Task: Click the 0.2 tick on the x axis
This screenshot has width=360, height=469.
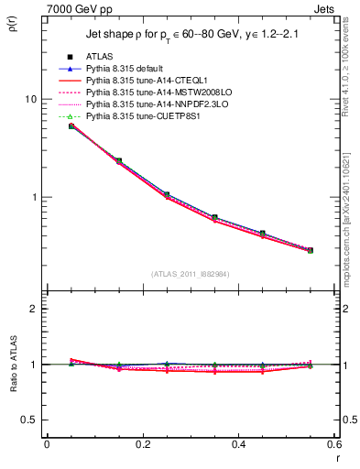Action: pyautogui.click(x=142, y=444)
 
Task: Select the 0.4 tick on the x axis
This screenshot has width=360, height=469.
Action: pyautogui.click(x=238, y=444)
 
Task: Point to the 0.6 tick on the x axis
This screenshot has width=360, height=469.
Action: pyautogui.click(x=333, y=444)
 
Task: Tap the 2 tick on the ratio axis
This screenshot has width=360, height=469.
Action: pyautogui.click(x=31, y=310)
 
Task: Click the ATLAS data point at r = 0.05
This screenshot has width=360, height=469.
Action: pyautogui.click(x=71, y=125)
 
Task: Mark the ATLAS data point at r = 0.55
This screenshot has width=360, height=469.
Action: pyautogui.click(x=310, y=250)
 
